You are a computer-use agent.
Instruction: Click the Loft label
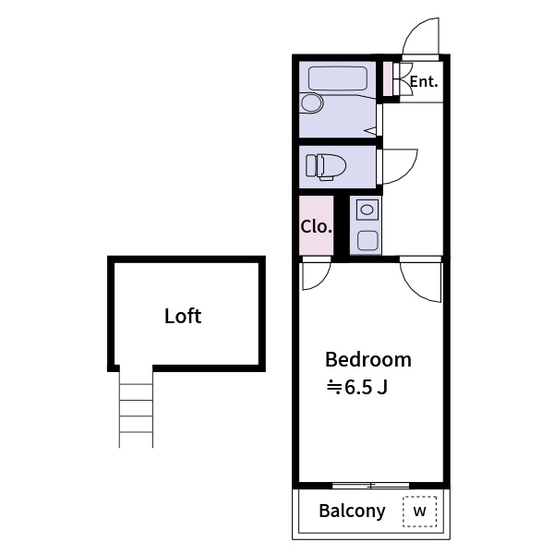183,316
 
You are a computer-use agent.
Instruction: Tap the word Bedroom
368,360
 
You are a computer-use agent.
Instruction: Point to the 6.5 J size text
357,388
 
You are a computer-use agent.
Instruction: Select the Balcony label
352,511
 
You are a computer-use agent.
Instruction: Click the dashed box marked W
420,512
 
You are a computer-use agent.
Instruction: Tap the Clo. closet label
316,226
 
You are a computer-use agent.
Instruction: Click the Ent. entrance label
424,81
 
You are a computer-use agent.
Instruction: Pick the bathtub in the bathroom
337,78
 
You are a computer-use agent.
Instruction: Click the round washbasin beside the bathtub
312,103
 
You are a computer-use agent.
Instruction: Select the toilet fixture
326,167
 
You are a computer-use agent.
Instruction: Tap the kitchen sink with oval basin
367,210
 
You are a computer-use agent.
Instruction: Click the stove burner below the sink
367,240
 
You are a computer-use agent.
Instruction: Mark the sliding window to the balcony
370,486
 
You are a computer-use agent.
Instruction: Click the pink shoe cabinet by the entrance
388,78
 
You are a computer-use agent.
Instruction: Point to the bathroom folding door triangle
372,131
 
